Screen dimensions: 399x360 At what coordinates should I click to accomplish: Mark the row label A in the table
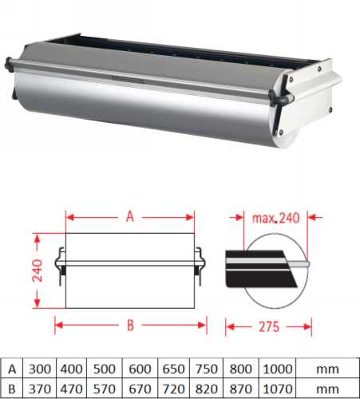[11, 369]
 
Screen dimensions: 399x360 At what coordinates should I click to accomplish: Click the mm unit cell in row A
[325, 369]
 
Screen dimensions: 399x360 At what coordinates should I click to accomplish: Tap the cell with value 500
[105, 369]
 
